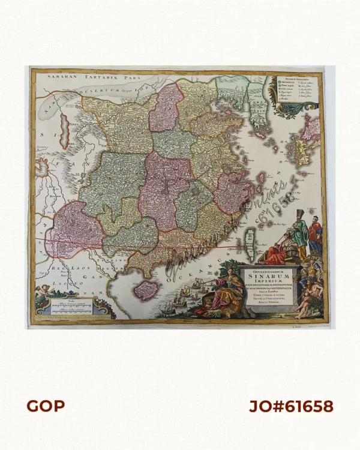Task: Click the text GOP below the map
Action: pos(46,406)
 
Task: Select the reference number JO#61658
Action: pos(291,406)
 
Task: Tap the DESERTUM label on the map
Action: pos(98,91)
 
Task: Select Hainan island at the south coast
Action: pos(146,290)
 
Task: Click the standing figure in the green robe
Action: pos(301,231)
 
